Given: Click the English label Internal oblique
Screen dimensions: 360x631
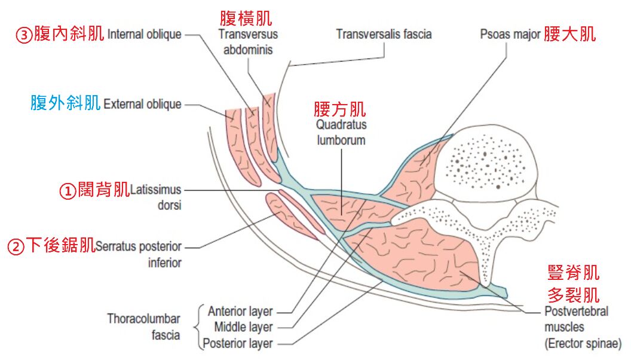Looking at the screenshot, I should tap(144, 34).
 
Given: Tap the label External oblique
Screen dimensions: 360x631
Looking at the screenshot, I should tap(142, 104).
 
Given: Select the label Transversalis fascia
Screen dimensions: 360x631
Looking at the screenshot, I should tap(384, 34).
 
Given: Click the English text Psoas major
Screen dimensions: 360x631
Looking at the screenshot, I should tap(510, 34).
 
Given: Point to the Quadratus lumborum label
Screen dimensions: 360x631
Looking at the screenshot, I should tap(342, 133).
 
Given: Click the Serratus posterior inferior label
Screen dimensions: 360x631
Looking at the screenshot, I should tap(139, 254).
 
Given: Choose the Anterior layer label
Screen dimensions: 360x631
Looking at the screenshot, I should tap(240, 312).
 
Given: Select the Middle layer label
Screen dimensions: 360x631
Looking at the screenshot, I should tap(243, 327).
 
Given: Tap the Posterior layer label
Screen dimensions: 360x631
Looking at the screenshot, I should tap(238, 343).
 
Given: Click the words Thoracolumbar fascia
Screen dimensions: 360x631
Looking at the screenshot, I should tap(143, 327).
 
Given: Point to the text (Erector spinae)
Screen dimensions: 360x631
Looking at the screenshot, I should tap(583, 344).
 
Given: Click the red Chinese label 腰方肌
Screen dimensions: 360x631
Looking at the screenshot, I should tap(340, 109).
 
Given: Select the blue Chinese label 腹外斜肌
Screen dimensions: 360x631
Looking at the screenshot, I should tap(65, 104).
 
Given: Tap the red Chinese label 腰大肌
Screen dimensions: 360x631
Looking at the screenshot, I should tap(569, 34).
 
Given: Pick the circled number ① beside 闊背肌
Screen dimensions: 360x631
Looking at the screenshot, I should tap(68, 191).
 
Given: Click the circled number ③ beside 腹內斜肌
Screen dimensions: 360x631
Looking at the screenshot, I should tap(24, 35).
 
